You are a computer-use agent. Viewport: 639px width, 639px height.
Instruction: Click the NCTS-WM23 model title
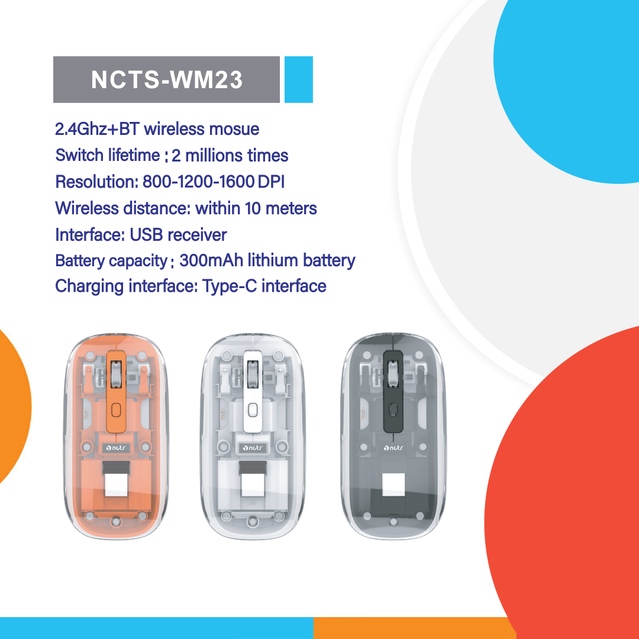coord(167,80)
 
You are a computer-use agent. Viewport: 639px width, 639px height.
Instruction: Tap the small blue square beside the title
coord(298,80)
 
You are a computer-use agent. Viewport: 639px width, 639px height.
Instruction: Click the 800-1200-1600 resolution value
coord(198,182)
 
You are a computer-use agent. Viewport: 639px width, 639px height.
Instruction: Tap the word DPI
coord(271,182)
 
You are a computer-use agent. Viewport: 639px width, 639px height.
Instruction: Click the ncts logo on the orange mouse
coord(117,448)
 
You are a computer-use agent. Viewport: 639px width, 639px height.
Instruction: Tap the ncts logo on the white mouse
coord(253,448)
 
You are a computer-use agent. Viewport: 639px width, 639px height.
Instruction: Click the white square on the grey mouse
coord(393,484)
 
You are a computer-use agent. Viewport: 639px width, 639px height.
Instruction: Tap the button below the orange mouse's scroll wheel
coord(117,409)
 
